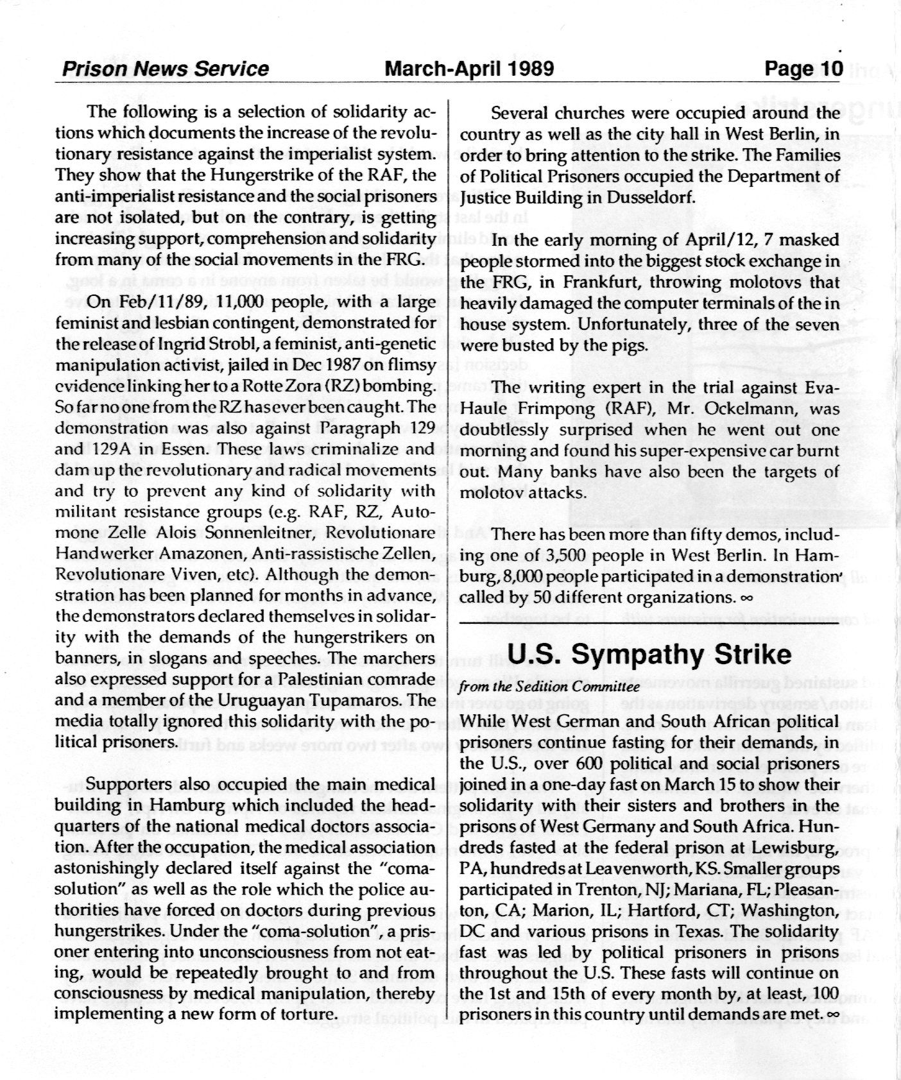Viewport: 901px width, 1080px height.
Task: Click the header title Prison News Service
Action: pos(165,69)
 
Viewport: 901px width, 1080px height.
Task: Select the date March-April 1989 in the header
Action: pos(468,69)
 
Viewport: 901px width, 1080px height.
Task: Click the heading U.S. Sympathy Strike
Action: pos(649,654)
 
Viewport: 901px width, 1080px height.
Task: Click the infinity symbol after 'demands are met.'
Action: pos(834,1015)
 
